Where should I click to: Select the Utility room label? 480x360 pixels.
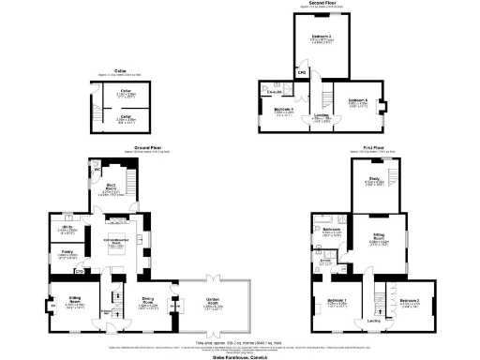[x=67, y=228]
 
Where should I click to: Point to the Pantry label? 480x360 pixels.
[x=67, y=252]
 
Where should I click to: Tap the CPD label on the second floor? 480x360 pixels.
[x=302, y=72]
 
